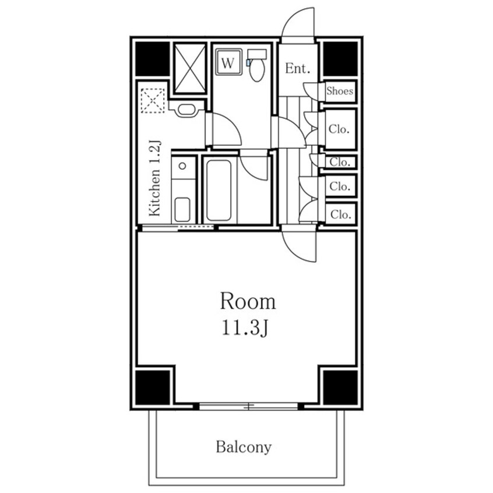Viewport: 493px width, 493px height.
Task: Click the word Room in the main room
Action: (247, 302)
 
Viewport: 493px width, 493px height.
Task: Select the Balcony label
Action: (244, 448)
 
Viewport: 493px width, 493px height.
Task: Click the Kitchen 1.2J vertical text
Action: (155, 178)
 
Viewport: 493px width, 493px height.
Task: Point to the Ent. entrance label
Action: (297, 68)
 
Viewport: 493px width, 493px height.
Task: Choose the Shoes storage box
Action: (340, 91)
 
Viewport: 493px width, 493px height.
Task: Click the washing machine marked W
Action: (228, 63)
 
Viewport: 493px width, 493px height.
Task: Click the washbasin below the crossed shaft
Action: (186, 110)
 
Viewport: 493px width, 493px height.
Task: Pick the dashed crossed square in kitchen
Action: (153, 100)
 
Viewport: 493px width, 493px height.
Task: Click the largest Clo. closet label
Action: (339, 129)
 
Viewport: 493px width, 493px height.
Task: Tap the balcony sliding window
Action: (249, 406)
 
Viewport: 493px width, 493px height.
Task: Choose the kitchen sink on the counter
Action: (182, 207)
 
